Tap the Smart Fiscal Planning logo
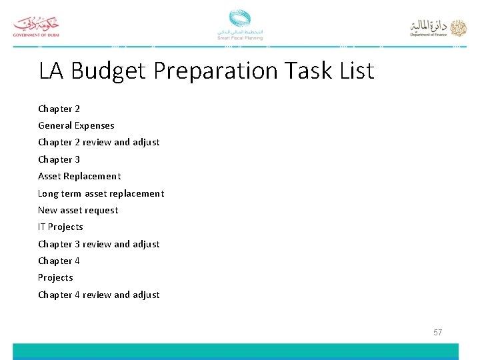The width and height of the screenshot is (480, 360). pyautogui.click(x=239, y=25)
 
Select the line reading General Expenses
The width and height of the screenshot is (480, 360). pyautogui.click(x=76, y=125)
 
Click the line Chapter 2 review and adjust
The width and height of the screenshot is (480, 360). pyautogui.click(x=99, y=142)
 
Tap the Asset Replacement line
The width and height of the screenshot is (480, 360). pyautogui.click(x=79, y=176)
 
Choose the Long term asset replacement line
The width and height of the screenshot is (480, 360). pyautogui.click(x=101, y=193)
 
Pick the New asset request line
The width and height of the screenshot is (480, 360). pyautogui.click(x=78, y=210)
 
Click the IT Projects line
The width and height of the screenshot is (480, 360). pyautogui.click(x=61, y=227)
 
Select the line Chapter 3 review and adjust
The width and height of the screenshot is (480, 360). pyautogui.click(x=99, y=244)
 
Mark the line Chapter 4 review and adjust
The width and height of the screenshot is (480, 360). pyautogui.click(x=99, y=295)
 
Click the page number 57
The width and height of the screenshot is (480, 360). pyautogui.click(x=437, y=332)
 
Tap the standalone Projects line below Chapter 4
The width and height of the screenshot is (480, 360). pyautogui.click(x=55, y=277)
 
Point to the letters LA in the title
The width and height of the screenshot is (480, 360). pyautogui.click(x=52, y=71)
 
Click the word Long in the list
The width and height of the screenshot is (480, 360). pyautogui.click(x=48, y=193)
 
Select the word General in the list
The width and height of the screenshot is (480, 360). pyautogui.click(x=55, y=125)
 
